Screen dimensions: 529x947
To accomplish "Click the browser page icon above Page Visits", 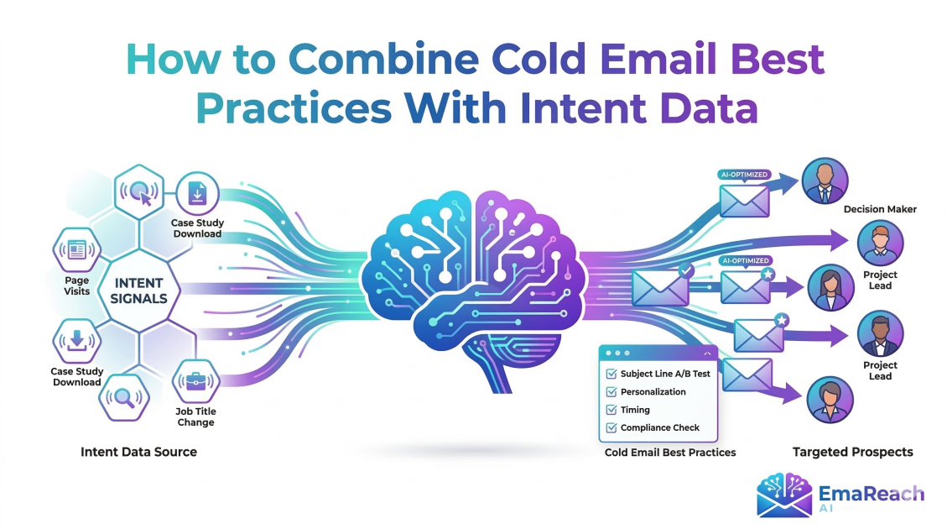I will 76,249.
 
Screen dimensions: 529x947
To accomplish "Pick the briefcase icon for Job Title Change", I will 195,382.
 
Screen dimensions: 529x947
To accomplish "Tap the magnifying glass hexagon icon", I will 124,397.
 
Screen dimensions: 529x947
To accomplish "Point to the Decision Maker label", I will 879,209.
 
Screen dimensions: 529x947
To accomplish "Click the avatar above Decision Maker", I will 825,181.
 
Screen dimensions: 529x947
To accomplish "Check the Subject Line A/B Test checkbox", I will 611,374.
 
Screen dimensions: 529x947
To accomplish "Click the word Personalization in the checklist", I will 653,392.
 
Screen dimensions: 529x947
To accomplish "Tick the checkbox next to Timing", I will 611,410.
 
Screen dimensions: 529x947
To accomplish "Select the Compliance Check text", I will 659,427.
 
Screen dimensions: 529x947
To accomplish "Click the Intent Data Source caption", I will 138,452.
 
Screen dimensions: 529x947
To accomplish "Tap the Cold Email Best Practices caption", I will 669,453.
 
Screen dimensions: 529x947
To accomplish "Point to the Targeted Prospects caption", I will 852,452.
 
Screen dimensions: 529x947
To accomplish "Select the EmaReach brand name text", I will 873,493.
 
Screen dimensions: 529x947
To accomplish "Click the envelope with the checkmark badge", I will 660,286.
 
